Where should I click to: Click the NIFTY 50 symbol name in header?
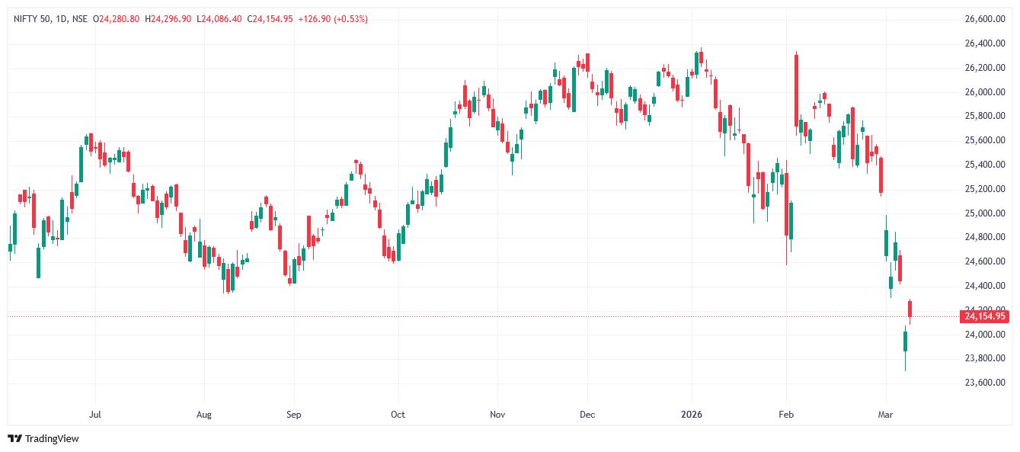pyautogui.click(x=31, y=19)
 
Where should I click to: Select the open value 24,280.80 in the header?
pyautogui.click(x=119, y=19)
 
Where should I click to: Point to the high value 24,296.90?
pyautogui.click(x=171, y=19)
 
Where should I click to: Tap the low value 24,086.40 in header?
pyautogui.click(x=223, y=19)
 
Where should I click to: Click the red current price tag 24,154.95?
pyautogui.click(x=985, y=316)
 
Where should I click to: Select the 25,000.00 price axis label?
pyautogui.click(x=985, y=213)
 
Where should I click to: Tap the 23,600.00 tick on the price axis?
pyautogui.click(x=985, y=383)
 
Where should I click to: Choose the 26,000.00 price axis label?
pyautogui.click(x=985, y=92)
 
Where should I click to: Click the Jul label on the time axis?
pyautogui.click(x=95, y=415)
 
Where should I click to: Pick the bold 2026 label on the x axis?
pyautogui.click(x=692, y=415)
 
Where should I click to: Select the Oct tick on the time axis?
pyautogui.click(x=398, y=415)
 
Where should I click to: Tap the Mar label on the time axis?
pyautogui.click(x=885, y=415)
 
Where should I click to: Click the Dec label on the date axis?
pyautogui.click(x=587, y=415)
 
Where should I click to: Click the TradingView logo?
pyautogui.click(x=43, y=438)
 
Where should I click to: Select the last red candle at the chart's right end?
pyautogui.click(x=910, y=309)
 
